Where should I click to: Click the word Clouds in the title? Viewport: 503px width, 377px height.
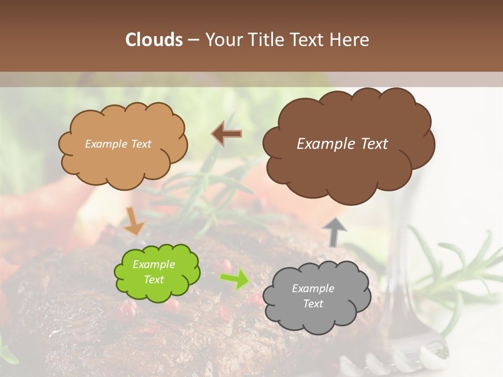pyautogui.click(x=154, y=40)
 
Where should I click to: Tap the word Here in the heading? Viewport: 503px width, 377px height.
pyautogui.click(x=350, y=40)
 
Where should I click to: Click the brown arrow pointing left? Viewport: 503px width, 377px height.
pyautogui.click(x=227, y=134)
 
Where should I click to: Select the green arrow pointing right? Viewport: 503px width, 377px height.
pyautogui.click(x=234, y=279)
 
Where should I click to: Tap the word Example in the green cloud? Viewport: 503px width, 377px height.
pyautogui.click(x=154, y=264)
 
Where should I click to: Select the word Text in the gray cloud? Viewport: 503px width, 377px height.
pyautogui.click(x=313, y=304)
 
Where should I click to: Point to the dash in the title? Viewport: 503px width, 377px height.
pyautogui.click(x=193, y=40)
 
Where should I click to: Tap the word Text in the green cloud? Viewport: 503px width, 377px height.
pyautogui.click(x=154, y=280)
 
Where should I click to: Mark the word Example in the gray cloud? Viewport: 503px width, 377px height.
pyautogui.click(x=313, y=289)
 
